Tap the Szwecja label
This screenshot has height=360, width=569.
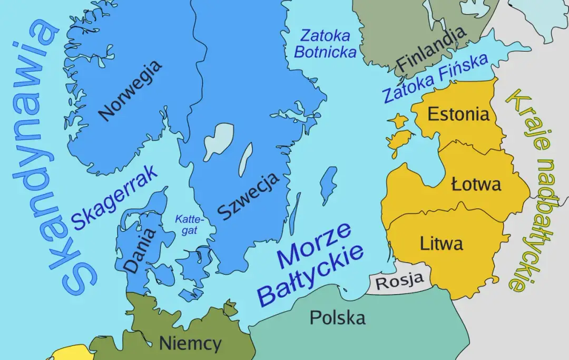click(248, 196)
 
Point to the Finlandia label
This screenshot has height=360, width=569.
click(431, 48)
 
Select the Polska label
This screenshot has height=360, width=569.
click(337, 317)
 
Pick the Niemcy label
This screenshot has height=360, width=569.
click(190, 344)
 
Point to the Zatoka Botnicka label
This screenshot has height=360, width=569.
click(325, 44)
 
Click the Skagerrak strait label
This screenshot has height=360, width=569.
click(114, 197)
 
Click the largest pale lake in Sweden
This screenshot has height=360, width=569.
click(218, 140)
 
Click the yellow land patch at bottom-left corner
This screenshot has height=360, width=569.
click(68, 353)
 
